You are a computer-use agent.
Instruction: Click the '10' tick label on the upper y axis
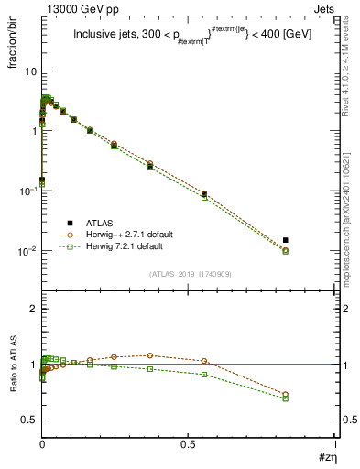(x=30, y=71)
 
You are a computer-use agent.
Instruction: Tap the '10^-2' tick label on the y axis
(x=27, y=251)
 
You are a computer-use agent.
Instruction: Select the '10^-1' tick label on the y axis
(x=27, y=191)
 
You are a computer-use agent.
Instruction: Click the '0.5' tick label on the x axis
(x=189, y=443)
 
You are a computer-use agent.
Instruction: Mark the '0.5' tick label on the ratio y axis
(x=29, y=420)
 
